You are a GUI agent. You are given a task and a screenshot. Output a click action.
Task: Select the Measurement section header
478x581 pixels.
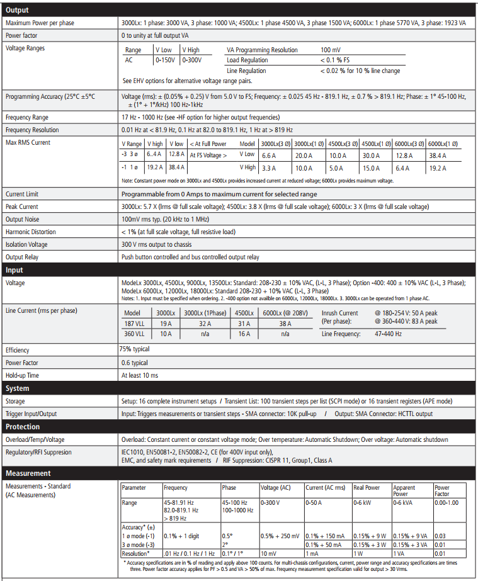(28, 473)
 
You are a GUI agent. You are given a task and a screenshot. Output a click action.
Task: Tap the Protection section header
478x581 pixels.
(23, 427)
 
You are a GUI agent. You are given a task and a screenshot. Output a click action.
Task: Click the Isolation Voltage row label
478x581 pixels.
(28, 245)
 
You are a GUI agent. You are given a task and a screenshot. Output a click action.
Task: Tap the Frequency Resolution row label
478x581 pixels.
(32, 130)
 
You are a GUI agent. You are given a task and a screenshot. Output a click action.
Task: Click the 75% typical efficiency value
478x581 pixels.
(134, 349)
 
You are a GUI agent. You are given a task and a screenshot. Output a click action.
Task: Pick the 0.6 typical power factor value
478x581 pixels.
(135, 363)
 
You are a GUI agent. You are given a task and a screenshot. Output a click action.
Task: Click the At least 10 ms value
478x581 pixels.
(140, 375)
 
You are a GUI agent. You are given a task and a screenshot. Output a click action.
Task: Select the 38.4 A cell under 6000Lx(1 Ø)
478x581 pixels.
(439, 155)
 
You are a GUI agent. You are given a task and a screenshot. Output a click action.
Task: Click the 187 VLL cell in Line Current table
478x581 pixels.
(135, 324)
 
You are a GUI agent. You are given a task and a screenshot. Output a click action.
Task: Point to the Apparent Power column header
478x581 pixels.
(404, 490)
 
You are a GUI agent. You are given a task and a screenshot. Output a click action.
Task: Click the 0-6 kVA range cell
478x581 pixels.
(404, 502)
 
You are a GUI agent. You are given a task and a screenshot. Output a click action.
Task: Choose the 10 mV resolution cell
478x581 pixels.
(269, 553)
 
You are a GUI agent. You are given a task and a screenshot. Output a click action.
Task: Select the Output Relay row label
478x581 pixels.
(23, 257)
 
